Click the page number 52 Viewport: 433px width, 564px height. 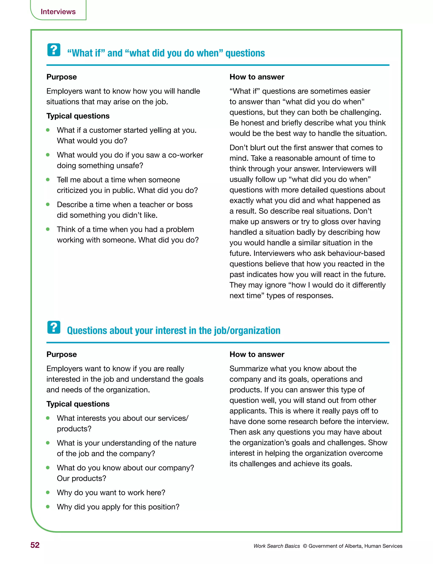tap(35, 545)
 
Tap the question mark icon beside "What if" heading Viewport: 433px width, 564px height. tap(54, 50)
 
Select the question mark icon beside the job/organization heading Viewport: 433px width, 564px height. tap(54, 327)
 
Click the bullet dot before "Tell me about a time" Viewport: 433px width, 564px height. tap(48, 179)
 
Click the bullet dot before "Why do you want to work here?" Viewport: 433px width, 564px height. tap(48, 492)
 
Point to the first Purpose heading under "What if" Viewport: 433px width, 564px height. tap(62, 77)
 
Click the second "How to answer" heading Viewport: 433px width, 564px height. tap(257, 354)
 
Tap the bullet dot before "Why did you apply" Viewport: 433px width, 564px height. tap(48, 507)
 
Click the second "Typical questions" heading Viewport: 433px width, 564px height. tap(78, 404)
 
